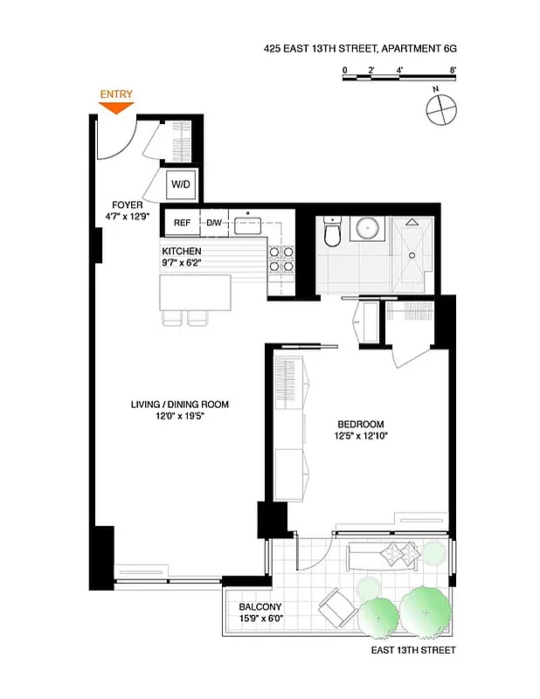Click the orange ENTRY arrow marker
tap(116, 107)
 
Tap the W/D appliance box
tap(181, 185)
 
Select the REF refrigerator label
tap(182, 223)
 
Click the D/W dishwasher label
tap(214, 223)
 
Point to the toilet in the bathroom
tap(331, 232)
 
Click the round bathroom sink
tap(368, 230)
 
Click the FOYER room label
tap(128, 205)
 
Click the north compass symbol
tap(440, 110)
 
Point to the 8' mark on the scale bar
tap(453, 69)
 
